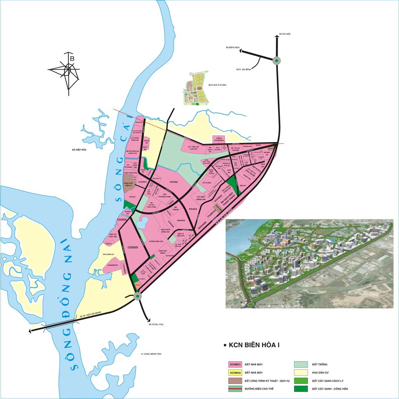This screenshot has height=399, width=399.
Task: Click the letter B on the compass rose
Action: (72, 59)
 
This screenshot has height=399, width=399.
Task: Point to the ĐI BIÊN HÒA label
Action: (233, 48)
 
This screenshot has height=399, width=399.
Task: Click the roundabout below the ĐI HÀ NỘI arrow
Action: (277, 61)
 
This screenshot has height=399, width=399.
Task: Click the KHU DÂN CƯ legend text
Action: (319, 373)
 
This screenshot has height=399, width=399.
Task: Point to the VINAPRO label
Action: (181, 220)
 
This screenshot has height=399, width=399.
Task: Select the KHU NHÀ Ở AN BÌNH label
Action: (218, 85)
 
